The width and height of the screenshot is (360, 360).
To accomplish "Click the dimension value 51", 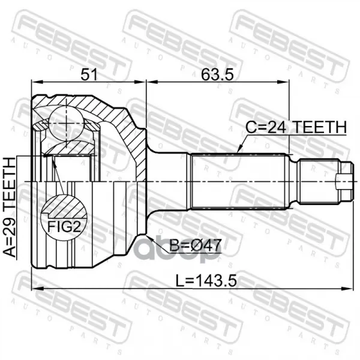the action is click(89, 74).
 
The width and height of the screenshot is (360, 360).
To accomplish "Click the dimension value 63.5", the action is click(217, 74).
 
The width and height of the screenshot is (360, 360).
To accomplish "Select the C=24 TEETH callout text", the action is click(296, 127).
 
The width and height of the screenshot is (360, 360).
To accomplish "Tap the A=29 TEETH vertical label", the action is click(10, 207).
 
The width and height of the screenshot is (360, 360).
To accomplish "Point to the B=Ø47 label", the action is click(196, 245).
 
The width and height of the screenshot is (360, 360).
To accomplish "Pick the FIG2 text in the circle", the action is click(64, 227).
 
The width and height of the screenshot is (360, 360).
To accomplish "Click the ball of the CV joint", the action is click(67, 124).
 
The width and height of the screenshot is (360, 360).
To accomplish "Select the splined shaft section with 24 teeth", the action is click(239, 181).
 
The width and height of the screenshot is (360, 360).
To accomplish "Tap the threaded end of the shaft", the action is click(319, 181).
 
